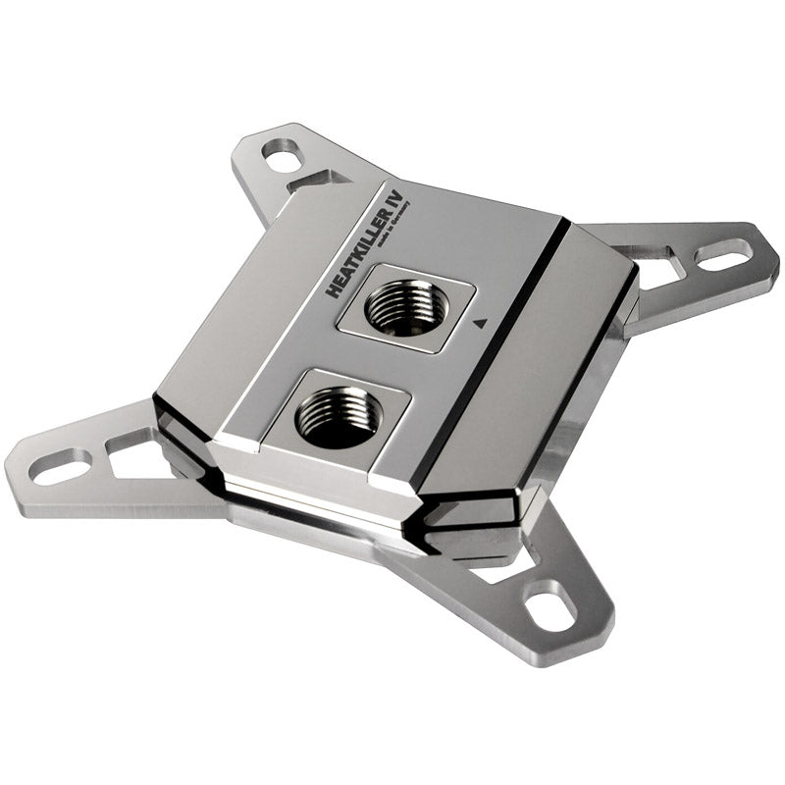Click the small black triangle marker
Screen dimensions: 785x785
479,320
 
